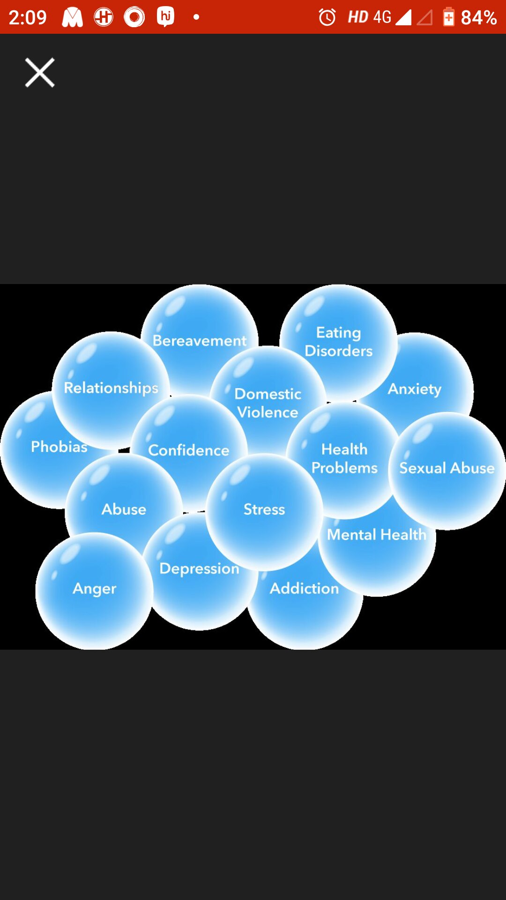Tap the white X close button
40,73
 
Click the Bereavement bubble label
200,341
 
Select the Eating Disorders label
339,342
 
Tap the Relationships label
111,388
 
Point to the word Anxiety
415,389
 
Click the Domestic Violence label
268,403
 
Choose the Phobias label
59,447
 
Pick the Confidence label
189,450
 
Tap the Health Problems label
344,458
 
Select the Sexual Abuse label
446,468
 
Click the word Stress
264,510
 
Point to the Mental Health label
377,535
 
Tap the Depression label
199,569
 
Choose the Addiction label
304,589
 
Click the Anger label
94,589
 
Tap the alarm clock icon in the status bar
327,17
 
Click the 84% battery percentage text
478,18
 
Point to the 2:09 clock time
28,18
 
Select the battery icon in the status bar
448,17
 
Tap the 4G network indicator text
382,17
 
